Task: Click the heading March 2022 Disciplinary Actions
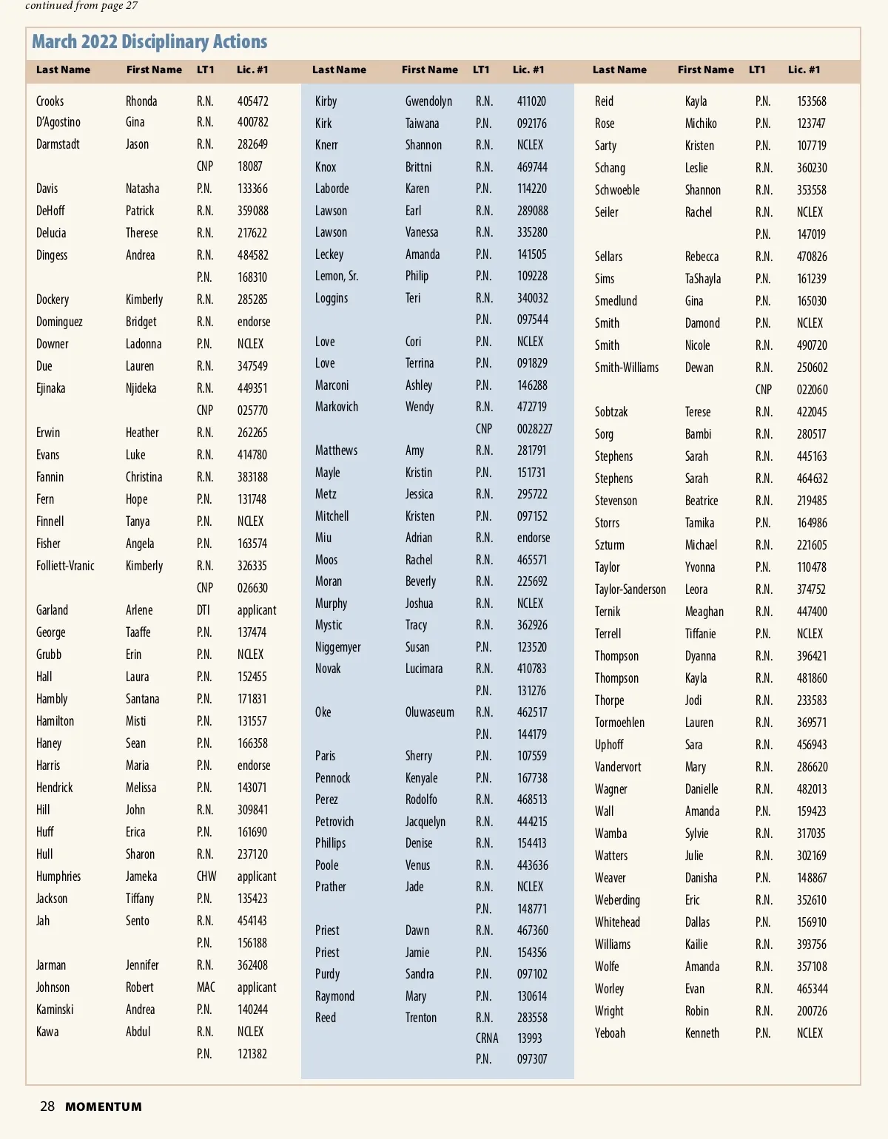click(x=149, y=42)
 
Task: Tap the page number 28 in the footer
click(x=47, y=1106)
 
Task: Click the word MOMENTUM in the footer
click(x=104, y=1107)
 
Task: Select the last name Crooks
click(x=50, y=101)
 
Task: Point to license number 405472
click(x=253, y=101)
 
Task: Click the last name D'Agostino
click(x=58, y=122)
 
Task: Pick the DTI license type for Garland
click(x=203, y=610)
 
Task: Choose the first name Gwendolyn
click(x=428, y=101)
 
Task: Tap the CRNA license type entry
click(x=487, y=1038)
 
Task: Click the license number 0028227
click(x=534, y=429)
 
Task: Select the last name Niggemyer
click(x=338, y=647)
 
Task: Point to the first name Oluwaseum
click(x=430, y=712)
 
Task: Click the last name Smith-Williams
click(x=627, y=368)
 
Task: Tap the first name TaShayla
click(x=703, y=279)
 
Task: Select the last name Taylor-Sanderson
click(x=630, y=589)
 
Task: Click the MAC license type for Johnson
click(x=206, y=987)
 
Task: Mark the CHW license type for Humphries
click(x=206, y=876)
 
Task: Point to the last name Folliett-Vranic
click(x=65, y=566)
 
